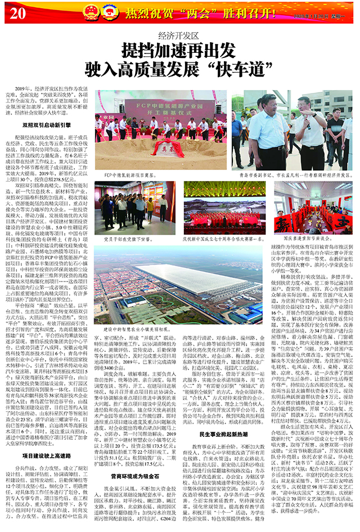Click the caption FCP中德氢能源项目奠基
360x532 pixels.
click(x=133, y=175)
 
